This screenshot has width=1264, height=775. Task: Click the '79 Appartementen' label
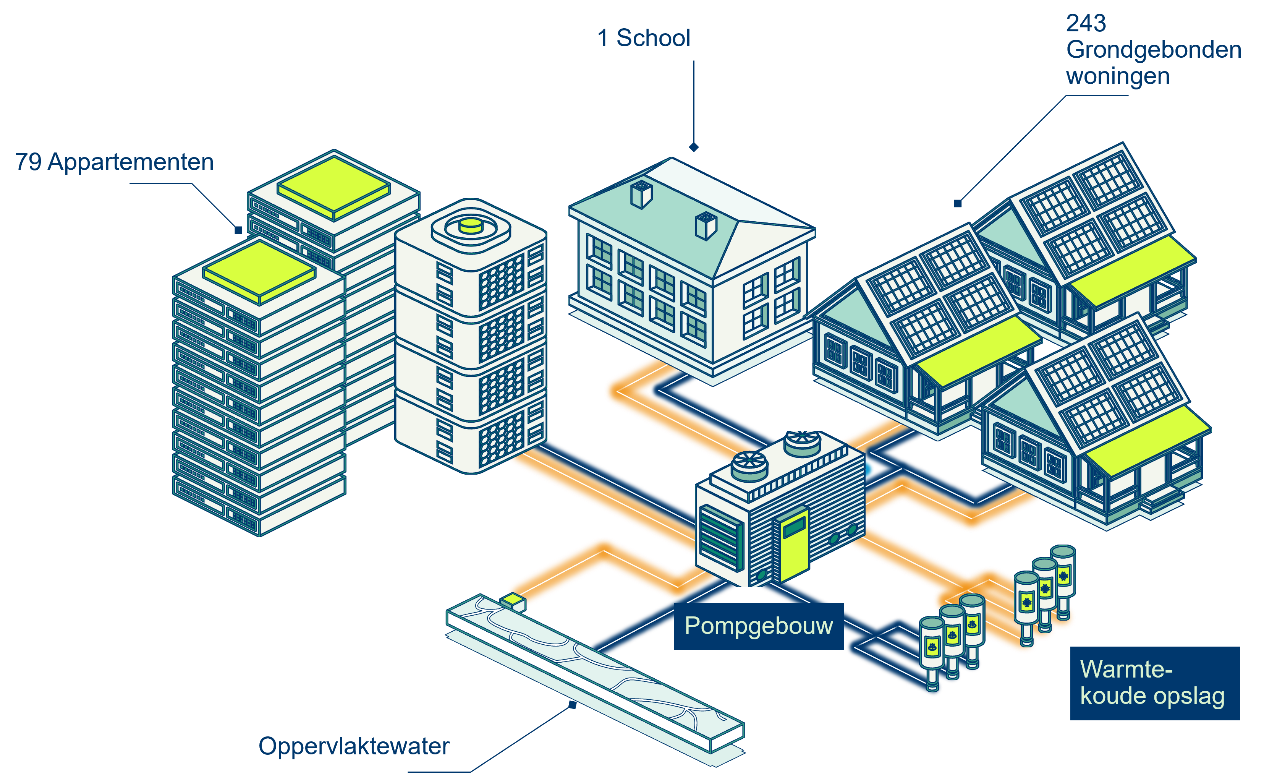click(x=114, y=162)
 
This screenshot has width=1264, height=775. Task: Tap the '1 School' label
click(x=644, y=38)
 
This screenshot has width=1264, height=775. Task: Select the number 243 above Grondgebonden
click(x=1086, y=23)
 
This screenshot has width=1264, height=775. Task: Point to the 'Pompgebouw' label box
click(x=758, y=626)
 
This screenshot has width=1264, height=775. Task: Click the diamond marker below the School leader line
click(x=694, y=147)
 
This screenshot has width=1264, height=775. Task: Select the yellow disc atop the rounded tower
click(x=470, y=226)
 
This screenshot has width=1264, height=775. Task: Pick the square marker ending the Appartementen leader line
click(x=238, y=230)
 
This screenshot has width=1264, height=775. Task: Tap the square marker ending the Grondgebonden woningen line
click(x=957, y=204)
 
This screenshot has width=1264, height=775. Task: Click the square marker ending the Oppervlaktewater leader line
click(x=573, y=705)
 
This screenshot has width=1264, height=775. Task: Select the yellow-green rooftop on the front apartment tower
click(x=259, y=271)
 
